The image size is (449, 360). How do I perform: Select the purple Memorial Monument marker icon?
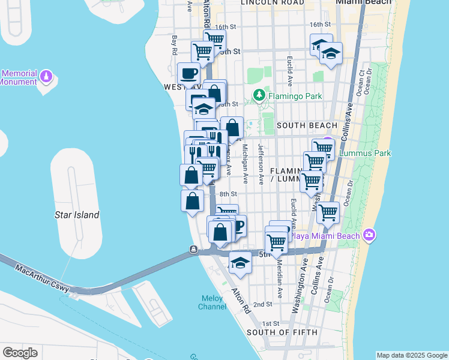[47, 77]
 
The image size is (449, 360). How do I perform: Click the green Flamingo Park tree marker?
[259, 95]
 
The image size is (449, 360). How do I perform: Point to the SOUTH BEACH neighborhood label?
[307, 125]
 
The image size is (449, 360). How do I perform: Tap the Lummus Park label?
[364, 153]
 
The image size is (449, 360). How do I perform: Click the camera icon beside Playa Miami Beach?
[369, 235]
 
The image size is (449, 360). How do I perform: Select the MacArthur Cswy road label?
[44, 280]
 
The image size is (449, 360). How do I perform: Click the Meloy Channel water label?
[212, 302]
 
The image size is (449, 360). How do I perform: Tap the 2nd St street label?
[262, 304]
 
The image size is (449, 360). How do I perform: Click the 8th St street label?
[228, 194]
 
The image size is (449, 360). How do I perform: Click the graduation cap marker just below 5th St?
[240, 263]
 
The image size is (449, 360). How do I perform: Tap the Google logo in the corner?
[20, 353]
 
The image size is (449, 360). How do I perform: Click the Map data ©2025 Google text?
[411, 355]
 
